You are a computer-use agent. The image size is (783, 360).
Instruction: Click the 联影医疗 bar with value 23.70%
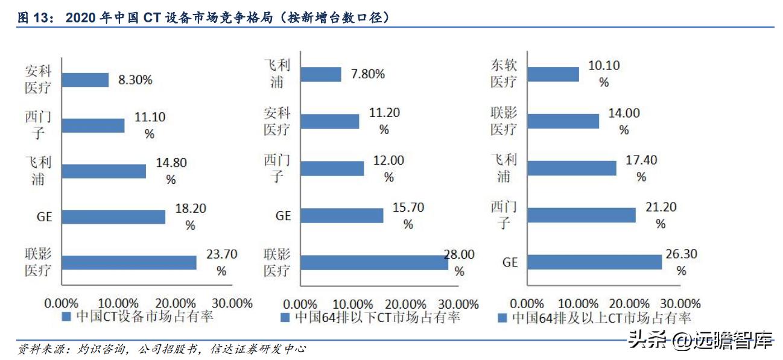129,262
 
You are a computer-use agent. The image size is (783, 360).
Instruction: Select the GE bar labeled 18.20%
113,216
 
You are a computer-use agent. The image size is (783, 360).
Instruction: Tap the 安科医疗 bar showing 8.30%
85,80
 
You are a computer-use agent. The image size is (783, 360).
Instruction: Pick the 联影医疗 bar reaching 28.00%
374,262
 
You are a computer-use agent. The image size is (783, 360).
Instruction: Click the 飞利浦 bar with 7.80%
321,74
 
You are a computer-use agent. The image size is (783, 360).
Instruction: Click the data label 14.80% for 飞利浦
171,170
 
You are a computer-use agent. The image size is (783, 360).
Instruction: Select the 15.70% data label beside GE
408,215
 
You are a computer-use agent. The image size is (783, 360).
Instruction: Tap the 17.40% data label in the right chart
641,168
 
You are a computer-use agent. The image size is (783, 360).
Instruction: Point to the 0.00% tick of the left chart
62,303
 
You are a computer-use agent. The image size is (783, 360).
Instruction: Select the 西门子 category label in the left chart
38,124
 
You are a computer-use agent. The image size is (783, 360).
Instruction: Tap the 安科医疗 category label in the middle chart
277,121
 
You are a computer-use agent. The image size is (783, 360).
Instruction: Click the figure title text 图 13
33,18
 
